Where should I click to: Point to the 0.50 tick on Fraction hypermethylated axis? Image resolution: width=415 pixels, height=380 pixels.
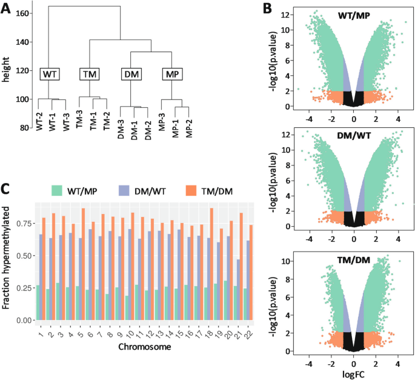[24, 256]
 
